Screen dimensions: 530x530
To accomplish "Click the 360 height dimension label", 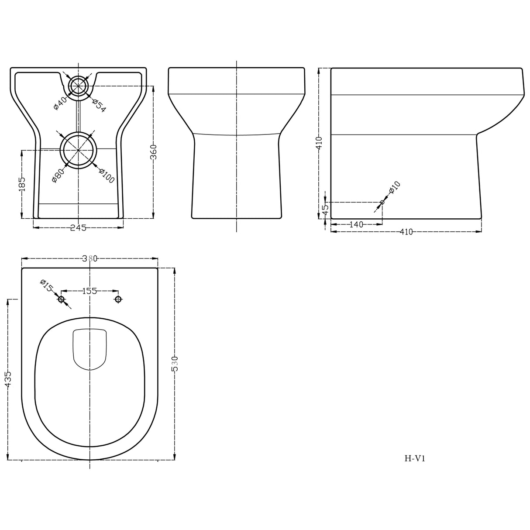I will click(153, 152).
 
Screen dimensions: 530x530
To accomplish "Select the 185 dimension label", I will click(22, 184).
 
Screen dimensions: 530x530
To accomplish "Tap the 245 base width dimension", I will click(78, 227).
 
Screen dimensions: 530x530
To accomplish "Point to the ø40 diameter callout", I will click(59, 103).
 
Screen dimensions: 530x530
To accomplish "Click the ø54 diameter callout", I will click(99, 105).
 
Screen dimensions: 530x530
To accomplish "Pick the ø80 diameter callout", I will click(58, 175).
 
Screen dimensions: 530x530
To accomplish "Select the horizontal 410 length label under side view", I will click(406, 232).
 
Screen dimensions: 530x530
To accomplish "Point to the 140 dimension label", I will click(356, 224).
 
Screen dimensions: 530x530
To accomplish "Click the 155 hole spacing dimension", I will click(89, 291).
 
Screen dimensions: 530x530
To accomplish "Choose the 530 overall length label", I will click(175, 363).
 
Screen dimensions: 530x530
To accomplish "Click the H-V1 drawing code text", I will click(415, 458).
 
